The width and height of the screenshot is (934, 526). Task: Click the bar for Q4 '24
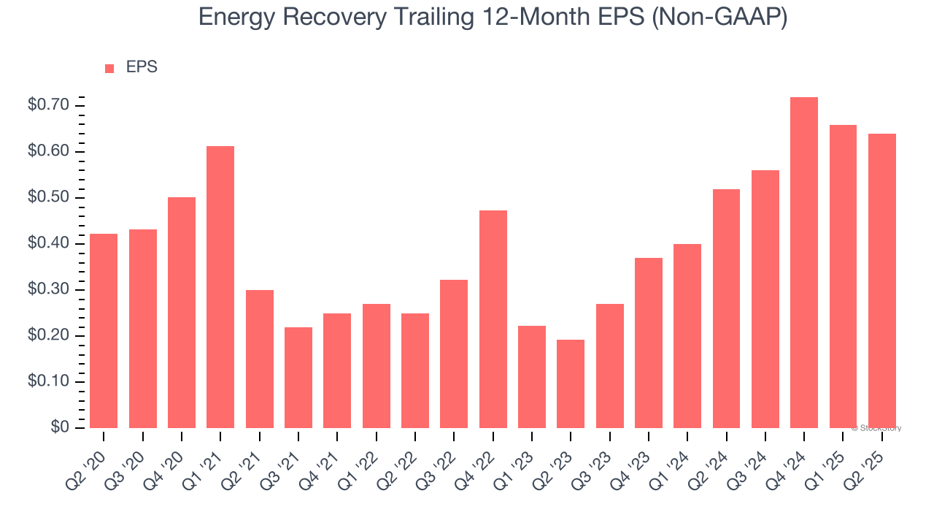[803, 263]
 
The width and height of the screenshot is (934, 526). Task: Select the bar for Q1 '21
[220, 287]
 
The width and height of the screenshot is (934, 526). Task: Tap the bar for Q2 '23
[571, 384]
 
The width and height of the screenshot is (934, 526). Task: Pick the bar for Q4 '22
[493, 319]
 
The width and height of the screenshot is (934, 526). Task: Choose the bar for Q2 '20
[104, 331]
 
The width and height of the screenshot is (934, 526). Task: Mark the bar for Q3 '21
[298, 378]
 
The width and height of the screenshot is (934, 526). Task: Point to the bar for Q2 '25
[881, 281]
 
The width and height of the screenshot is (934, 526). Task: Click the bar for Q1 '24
[687, 336]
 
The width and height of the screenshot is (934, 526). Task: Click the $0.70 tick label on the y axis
[48, 105]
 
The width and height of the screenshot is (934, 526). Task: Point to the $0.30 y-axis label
[48, 290]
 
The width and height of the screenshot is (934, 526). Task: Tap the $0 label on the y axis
[60, 427]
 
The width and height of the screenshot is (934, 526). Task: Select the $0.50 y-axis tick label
[48, 198]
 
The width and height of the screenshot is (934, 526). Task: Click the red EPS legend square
[109, 68]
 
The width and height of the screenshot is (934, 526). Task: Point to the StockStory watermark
[876, 428]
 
